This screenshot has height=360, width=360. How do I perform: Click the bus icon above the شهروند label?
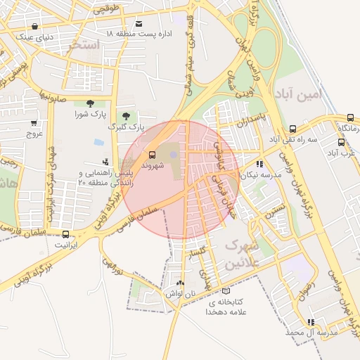(151, 154)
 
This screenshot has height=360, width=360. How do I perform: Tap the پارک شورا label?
(91, 113)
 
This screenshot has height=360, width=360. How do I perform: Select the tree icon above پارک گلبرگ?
(127, 115)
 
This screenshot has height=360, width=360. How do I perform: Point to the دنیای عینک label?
(34, 37)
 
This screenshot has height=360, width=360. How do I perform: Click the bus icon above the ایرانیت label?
(66, 234)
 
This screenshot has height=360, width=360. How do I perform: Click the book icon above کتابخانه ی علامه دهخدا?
(225, 291)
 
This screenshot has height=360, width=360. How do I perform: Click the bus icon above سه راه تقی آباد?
(292, 129)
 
